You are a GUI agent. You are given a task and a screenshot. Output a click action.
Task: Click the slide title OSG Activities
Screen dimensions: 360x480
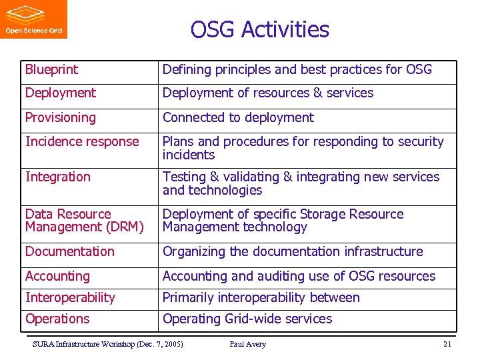(x=259, y=30)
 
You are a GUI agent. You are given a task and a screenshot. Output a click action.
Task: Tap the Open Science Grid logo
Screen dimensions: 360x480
(x=33, y=19)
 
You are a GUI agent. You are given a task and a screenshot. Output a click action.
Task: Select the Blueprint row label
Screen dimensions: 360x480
(x=51, y=69)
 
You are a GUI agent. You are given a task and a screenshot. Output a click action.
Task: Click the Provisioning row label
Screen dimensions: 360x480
(x=60, y=118)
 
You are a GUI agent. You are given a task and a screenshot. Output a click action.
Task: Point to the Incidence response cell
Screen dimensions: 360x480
(x=82, y=142)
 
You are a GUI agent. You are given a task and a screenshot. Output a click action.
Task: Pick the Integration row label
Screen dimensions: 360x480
(x=57, y=177)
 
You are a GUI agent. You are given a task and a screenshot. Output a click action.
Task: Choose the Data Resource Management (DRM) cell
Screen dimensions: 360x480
(x=84, y=221)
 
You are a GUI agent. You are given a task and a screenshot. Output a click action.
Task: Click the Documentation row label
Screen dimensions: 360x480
(x=69, y=252)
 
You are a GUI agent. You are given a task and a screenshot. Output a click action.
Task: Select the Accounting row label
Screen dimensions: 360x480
(x=57, y=276)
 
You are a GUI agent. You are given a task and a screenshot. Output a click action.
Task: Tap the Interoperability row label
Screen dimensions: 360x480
(x=70, y=298)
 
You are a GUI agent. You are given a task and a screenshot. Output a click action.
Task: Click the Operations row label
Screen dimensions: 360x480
(x=57, y=319)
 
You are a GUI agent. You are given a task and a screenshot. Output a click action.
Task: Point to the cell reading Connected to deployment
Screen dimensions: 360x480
(x=238, y=118)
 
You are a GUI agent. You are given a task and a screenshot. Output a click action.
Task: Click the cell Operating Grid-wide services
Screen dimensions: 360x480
(x=247, y=319)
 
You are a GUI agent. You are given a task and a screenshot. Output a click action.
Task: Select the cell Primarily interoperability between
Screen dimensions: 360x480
(x=261, y=298)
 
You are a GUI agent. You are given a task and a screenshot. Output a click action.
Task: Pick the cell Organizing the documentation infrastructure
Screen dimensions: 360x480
(x=293, y=252)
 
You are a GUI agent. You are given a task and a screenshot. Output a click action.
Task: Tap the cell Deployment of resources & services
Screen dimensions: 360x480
(x=267, y=93)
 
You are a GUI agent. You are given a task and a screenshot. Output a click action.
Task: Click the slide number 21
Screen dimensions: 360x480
(x=447, y=345)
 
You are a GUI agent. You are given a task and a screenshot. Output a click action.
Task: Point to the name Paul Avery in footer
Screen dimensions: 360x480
(x=247, y=345)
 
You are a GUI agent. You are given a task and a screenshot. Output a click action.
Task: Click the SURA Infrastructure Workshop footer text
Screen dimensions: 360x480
(x=107, y=345)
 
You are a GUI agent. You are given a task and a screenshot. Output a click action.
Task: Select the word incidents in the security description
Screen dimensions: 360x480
(x=189, y=155)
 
